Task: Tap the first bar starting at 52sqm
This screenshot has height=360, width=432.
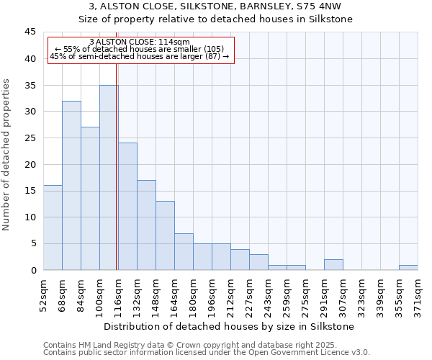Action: [53, 228]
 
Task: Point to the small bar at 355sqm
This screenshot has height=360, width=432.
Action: [408, 267]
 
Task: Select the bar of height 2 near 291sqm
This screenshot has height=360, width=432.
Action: [333, 264]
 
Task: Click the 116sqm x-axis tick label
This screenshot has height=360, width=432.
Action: [118, 296]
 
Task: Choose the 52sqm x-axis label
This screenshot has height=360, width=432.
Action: [43, 296]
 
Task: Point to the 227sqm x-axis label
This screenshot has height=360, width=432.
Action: [249, 296]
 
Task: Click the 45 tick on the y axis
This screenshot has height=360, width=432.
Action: [30, 32]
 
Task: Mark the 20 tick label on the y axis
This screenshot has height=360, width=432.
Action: [30, 164]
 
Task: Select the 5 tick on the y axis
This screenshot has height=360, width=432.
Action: [33, 243]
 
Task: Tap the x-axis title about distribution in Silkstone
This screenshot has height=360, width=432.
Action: [230, 326]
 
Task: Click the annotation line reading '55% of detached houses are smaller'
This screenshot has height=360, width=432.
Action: [140, 49]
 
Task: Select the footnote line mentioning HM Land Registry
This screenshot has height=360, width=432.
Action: [205, 345]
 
